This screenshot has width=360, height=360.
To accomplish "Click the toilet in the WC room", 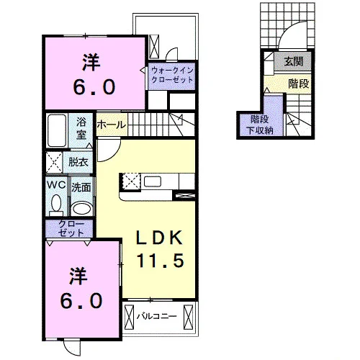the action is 57,204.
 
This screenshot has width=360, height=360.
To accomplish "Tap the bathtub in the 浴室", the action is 57,130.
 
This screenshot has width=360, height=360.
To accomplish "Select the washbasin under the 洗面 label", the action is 81,208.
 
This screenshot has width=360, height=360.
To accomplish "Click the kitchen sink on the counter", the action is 153,181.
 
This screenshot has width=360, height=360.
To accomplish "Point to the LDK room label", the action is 159,238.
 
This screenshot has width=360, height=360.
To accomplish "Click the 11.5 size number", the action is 161,261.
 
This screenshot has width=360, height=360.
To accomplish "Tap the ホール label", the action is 112,125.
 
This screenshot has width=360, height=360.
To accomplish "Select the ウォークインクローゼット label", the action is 172,75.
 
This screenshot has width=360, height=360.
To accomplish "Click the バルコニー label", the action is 157,316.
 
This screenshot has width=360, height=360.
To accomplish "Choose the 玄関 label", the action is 294,61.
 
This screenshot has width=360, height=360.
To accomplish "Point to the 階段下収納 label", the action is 260,125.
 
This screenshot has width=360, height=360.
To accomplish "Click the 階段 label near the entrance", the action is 299,84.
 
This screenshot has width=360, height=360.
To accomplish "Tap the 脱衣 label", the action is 78,162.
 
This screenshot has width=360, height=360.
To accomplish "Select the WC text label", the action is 56,185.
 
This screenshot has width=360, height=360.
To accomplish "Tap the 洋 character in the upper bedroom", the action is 91,62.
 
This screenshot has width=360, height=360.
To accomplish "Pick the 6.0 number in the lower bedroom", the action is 81,301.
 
